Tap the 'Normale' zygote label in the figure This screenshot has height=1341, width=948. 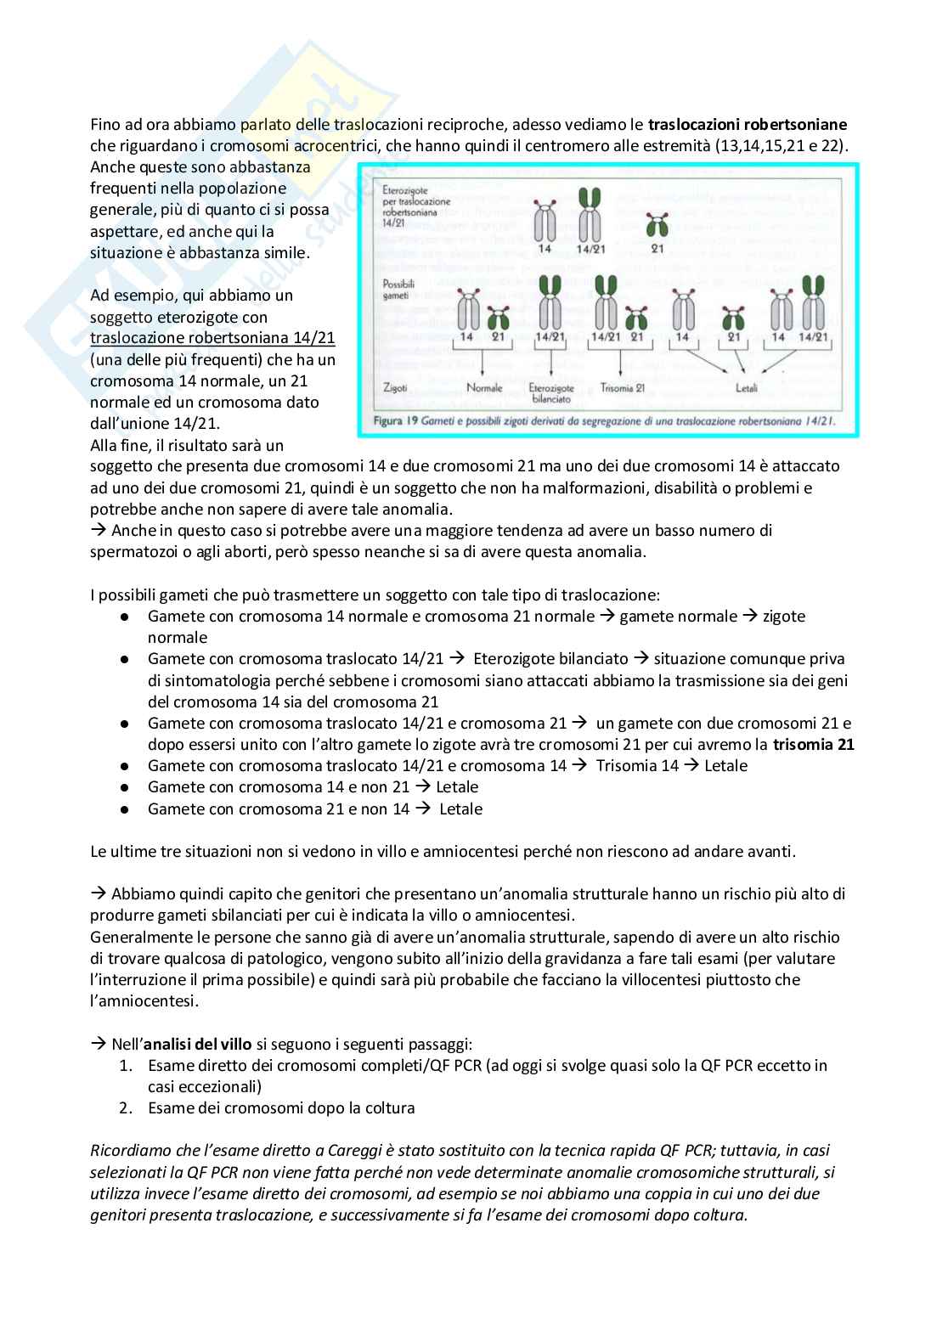(x=484, y=388)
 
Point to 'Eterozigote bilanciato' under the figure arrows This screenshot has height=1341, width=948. (x=551, y=392)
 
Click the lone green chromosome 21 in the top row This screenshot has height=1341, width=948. (x=655, y=225)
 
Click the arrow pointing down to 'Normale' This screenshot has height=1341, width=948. (x=482, y=363)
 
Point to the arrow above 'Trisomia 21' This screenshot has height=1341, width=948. (x=621, y=363)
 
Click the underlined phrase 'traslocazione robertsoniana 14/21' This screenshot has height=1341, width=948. (x=212, y=338)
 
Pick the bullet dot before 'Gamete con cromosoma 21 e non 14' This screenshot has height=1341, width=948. (x=125, y=809)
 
